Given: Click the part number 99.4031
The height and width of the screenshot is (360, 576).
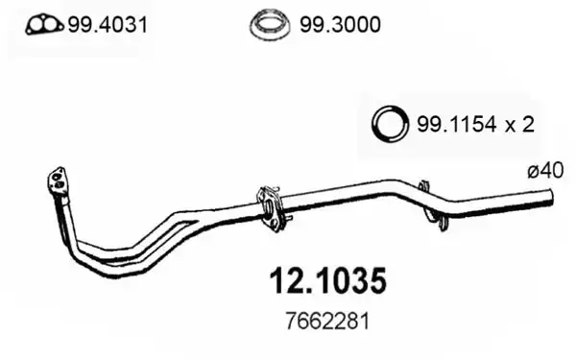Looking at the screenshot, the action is point(108,25).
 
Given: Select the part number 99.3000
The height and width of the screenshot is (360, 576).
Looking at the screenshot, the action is point(340,25).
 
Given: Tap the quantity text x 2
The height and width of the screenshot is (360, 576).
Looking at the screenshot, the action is point(519,125).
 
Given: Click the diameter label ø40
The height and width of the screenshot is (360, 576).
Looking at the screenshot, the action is point(545,171).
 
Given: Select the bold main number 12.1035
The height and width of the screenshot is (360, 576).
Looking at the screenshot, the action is point(328,281).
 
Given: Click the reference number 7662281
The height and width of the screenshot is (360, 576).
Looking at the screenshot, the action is point(327,322).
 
